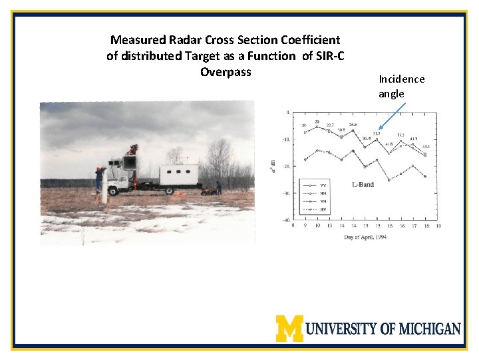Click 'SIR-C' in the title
pyautogui.click(x=326, y=56)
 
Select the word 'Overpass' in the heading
pyautogui.click(x=226, y=71)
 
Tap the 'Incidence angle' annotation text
pyautogui.click(x=401, y=86)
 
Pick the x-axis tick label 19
pyautogui.click(x=438, y=226)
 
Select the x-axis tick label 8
pyautogui.click(x=293, y=226)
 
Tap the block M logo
pyautogui.click(x=289, y=328)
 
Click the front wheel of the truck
pyautogui.click(x=114, y=191)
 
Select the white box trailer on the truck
pyautogui.click(x=179, y=175)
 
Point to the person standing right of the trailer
pyautogui.click(x=219, y=187)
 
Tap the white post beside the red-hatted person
pyautogui.click(x=104, y=190)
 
